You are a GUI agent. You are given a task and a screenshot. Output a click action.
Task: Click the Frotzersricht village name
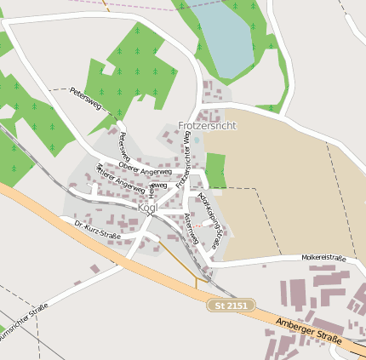207,125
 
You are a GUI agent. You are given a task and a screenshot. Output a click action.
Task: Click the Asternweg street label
191,227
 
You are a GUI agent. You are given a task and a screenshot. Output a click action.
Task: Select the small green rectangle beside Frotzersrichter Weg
216,170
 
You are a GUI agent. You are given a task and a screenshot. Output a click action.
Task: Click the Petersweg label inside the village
124,146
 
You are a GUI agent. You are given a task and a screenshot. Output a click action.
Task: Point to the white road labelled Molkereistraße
281,262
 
